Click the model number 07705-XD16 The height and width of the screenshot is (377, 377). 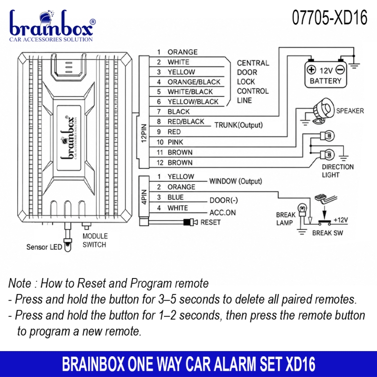(329, 17)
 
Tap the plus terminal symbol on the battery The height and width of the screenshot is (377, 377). (311, 70)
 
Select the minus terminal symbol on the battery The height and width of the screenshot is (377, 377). (340, 70)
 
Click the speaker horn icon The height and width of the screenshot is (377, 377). (323, 111)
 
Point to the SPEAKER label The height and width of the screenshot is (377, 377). (350, 111)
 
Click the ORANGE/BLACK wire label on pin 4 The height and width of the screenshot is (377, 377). (194, 82)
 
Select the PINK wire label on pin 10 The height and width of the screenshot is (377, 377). (175, 142)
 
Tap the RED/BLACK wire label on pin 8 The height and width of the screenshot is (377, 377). (186, 122)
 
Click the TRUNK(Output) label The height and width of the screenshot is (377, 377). (238, 125)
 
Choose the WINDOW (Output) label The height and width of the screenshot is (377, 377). (236, 181)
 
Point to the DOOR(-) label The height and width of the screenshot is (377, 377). (223, 200)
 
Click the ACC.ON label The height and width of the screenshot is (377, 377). (222, 213)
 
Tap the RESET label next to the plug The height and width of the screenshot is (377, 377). (210, 222)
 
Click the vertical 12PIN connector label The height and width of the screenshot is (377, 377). (144, 133)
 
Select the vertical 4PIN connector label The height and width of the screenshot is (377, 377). (144, 197)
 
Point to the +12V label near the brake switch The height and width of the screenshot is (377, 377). (341, 220)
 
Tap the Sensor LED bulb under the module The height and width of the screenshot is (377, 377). (67, 245)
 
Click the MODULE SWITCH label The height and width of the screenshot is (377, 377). (95, 240)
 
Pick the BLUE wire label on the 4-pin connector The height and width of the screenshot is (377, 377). (175, 197)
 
